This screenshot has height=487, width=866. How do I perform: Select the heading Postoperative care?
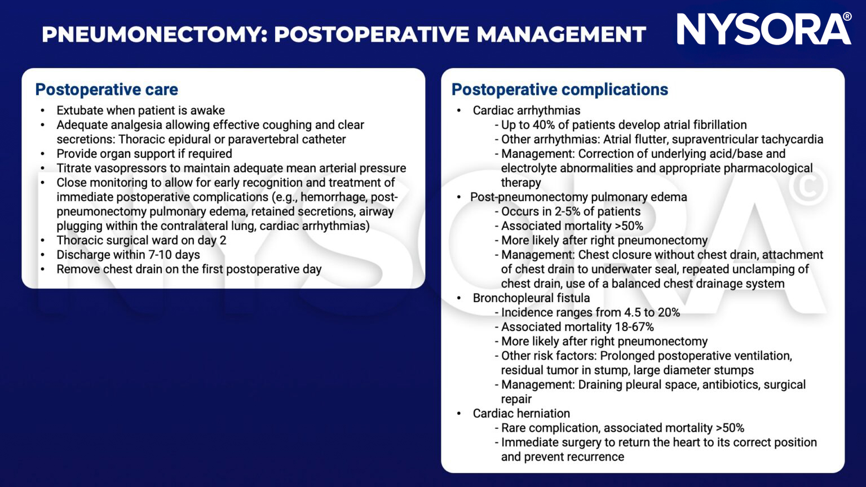pyautogui.click(x=107, y=90)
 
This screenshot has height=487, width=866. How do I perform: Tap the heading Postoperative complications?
pyautogui.click(x=559, y=90)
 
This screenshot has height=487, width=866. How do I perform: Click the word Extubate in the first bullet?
pyautogui.click(x=79, y=110)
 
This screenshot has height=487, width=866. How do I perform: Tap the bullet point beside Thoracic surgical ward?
pyautogui.click(x=43, y=241)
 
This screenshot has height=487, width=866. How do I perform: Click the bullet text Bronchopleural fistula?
pyautogui.click(x=531, y=298)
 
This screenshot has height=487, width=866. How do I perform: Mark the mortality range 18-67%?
pyautogui.click(x=634, y=327)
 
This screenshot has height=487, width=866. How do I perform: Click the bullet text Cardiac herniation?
pyautogui.click(x=521, y=414)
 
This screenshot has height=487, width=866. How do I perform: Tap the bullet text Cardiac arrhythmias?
pyautogui.click(x=526, y=110)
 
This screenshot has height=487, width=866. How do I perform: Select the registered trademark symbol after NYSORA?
pyautogui.click(x=847, y=17)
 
